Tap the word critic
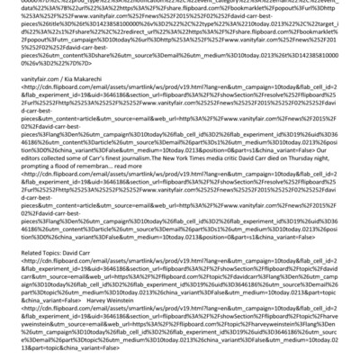255,180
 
